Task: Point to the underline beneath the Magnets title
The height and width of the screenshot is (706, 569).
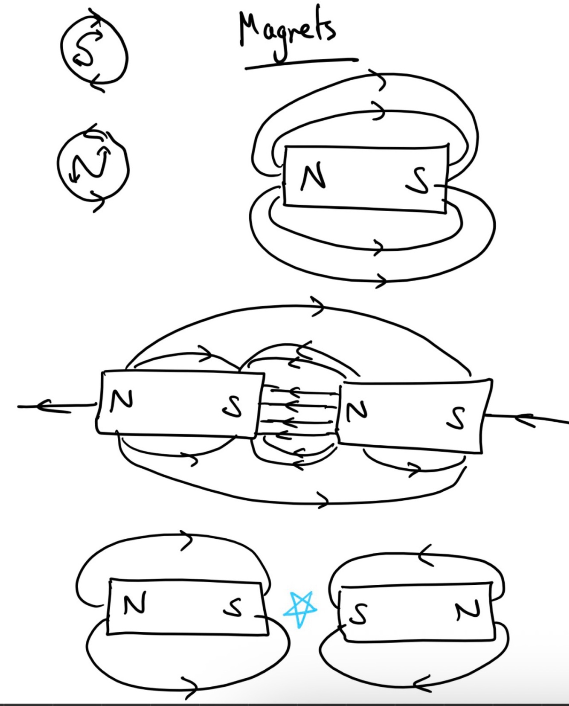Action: click(x=301, y=63)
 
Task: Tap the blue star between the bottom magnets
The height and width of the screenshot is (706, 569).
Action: click(x=300, y=609)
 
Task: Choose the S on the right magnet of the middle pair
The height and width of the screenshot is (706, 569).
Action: click(x=456, y=418)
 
